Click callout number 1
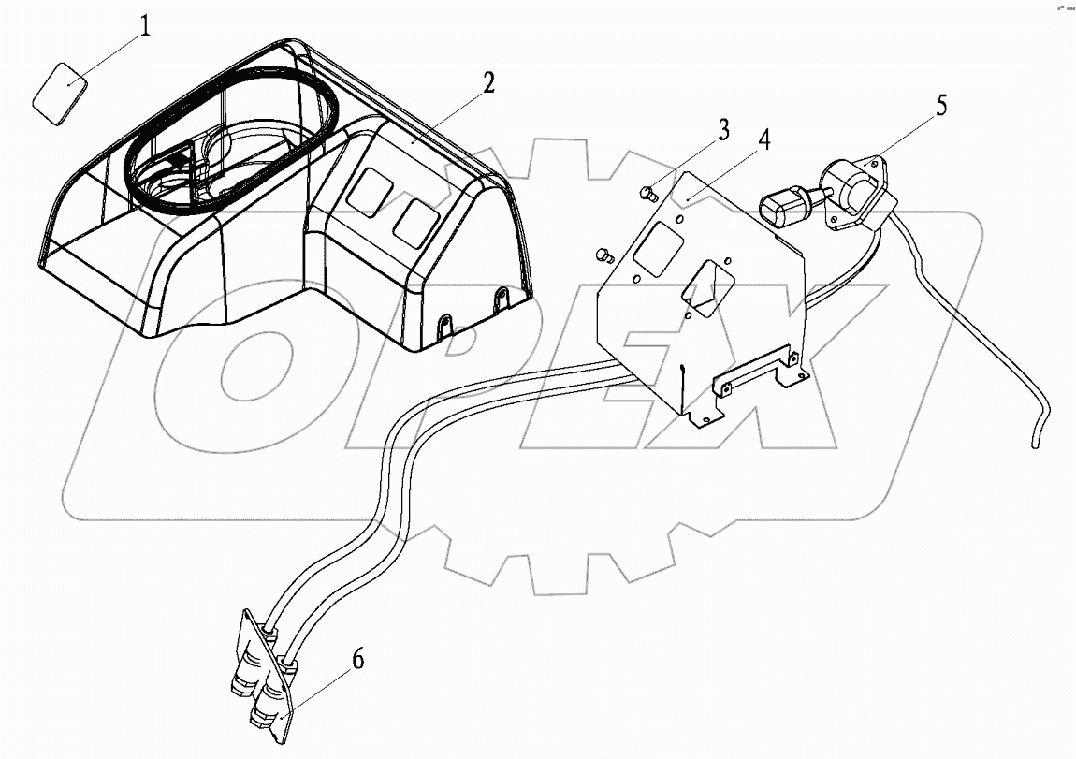tap(144, 25)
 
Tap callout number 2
tap(487, 83)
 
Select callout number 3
tap(723, 130)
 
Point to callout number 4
tap(764, 141)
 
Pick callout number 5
tap(941, 105)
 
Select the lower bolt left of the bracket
tap(603, 254)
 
